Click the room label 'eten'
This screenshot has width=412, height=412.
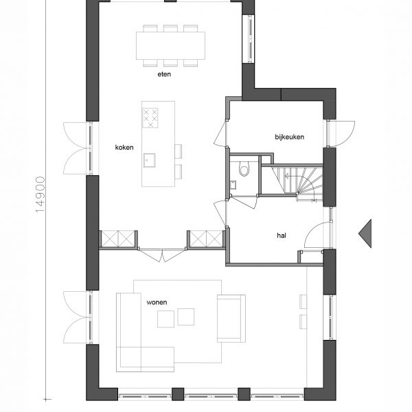pyautogui.click(x=164, y=74)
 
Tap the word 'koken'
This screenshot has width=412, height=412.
pyautogui.click(x=124, y=148)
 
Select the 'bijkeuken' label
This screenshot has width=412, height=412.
pyautogui.click(x=290, y=137)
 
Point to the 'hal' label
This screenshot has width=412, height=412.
pyautogui.click(x=282, y=236)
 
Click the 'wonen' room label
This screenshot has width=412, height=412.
pyautogui.click(x=157, y=302)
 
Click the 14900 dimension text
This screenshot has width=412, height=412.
pyautogui.click(x=41, y=194)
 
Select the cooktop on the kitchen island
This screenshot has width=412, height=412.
pyautogui.click(x=150, y=118)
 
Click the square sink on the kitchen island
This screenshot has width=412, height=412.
pyautogui.click(x=150, y=160)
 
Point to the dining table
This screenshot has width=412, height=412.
pyautogui.click(x=170, y=46)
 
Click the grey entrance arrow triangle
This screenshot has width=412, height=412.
pyautogui.click(x=365, y=233)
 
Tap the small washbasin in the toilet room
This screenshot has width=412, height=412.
pyautogui.click(x=233, y=185)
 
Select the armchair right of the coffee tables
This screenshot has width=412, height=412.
pyautogui.click(x=231, y=319)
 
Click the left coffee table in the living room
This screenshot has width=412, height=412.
pyautogui.click(x=165, y=319)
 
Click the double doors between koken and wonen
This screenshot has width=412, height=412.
pyautogui.click(x=162, y=255)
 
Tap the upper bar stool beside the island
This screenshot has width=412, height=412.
pyautogui.click(x=178, y=151)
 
